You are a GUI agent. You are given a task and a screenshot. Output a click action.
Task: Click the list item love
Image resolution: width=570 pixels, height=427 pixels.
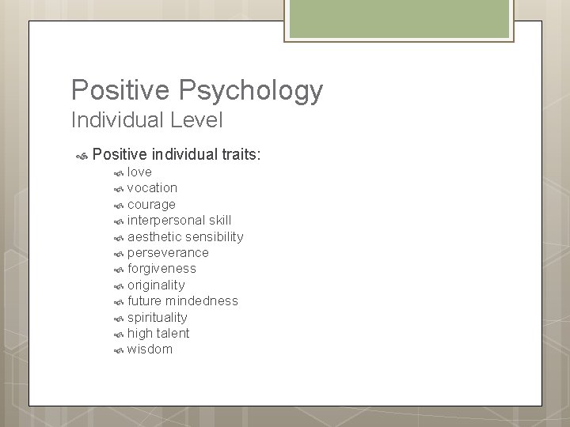click(139, 172)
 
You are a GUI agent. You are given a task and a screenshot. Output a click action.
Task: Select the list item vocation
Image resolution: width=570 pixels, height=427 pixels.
click(152, 187)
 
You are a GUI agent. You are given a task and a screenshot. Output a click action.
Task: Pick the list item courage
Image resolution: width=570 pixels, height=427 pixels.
click(151, 204)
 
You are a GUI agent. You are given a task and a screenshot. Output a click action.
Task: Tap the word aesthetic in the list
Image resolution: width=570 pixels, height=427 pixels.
click(154, 236)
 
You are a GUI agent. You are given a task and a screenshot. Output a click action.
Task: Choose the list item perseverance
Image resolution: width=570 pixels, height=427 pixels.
click(168, 252)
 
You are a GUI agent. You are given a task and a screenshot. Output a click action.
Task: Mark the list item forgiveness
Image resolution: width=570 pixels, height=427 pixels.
click(161, 269)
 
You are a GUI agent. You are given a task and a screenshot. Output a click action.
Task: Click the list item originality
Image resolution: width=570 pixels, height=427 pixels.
click(156, 285)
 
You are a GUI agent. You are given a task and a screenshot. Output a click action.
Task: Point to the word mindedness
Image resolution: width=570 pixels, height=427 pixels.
click(202, 300)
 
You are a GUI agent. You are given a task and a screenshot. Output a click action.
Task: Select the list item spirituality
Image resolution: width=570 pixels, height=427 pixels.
click(158, 317)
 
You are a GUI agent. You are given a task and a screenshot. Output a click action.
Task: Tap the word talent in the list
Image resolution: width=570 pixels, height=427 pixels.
click(173, 333)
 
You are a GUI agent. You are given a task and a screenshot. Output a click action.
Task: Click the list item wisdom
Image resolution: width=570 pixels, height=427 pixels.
click(150, 350)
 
